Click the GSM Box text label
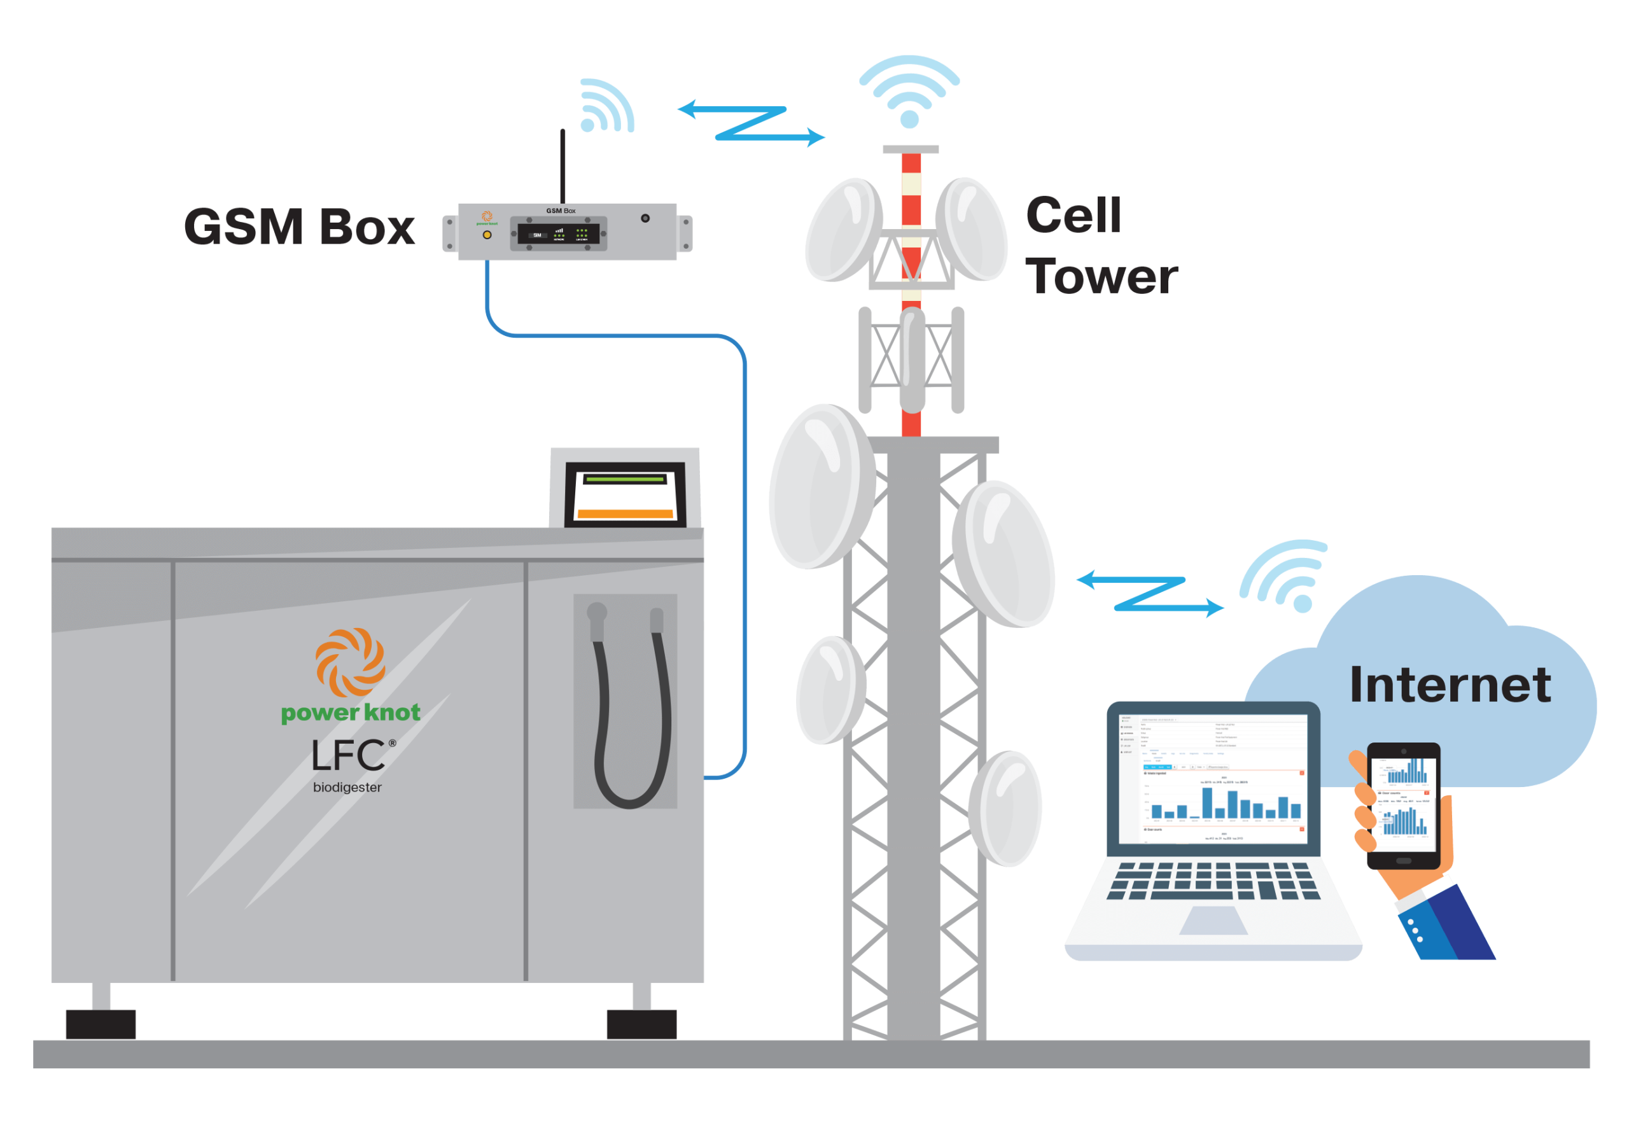pyautogui.click(x=300, y=227)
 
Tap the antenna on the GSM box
pyautogui.click(x=563, y=166)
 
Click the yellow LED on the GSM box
pyautogui.click(x=487, y=235)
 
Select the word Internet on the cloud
pyautogui.click(x=1450, y=685)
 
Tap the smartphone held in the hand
pyautogui.click(x=1403, y=806)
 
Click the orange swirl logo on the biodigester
pyautogui.click(x=350, y=662)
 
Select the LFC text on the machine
pyautogui.click(x=349, y=756)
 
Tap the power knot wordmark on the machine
pyautogui.click(x=351, y=713)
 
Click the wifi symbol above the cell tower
pyautogui.click(x=909, y=92)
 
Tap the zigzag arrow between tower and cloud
pyautogui.click(x=1150, y=593)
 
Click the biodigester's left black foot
pyautogui.click(x=101, y=1024)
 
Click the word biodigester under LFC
pyautogui.click(x=347, y=787)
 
